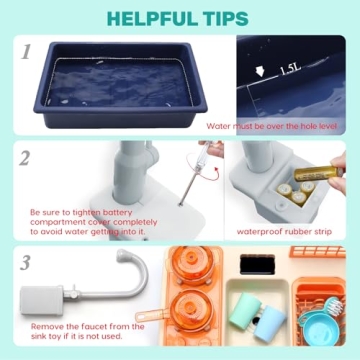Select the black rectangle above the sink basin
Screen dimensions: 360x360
coord(259,262)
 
